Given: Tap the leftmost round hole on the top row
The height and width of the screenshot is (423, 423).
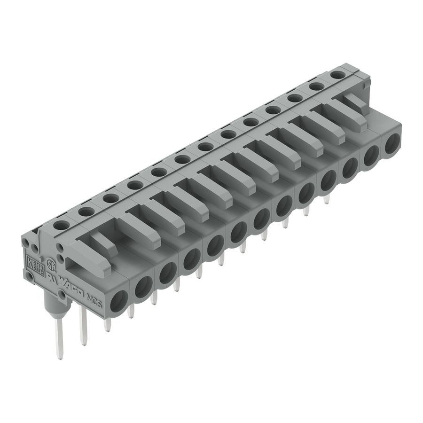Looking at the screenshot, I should point(61,225).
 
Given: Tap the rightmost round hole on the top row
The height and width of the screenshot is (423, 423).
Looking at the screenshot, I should point(337,74).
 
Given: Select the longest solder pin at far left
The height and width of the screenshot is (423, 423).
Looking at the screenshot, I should point(59,338).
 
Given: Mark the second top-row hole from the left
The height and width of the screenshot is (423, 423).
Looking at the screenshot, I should point(85,212).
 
